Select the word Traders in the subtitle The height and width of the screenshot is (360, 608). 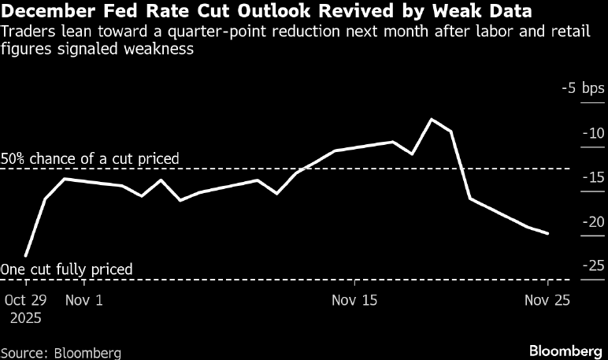click(27, 32)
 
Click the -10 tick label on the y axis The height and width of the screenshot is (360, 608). click(591, 133)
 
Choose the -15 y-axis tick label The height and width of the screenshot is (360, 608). click(591, 178)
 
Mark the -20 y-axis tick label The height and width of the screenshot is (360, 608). click(591, 222)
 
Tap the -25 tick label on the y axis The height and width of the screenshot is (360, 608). click(591, 266)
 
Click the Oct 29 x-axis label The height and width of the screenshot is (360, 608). click(26, 300)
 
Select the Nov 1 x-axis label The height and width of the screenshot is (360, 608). click(83, 300)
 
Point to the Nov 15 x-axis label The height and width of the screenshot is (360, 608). click(354, 300)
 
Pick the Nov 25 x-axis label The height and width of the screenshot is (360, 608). click(547, 300)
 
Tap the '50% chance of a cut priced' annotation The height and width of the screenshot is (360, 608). click(90, 158)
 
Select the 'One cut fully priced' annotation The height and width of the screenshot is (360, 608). click(66, 269)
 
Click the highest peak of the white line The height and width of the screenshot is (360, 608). click(432, 120)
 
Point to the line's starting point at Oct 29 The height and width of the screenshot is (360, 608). click(26, 255)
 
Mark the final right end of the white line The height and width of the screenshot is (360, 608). click(547, 233)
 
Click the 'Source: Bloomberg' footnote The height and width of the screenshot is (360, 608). click(61, 351)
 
